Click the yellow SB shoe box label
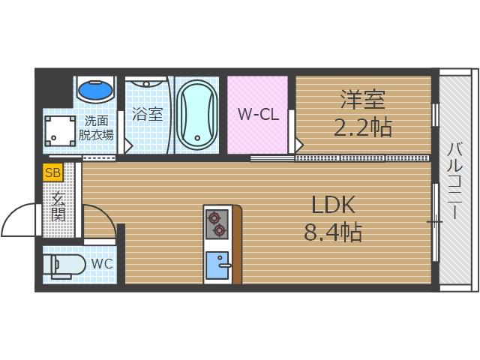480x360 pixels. pyautogui.click(x=53, y=172)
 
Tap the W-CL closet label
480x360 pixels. pyautogui.click(x=259, y=114)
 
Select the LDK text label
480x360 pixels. pyautogui.click(x=333, y=205)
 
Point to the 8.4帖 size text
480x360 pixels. pyautogui.click(x=333, y=232)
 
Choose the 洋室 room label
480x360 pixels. pyautogui.click(x=363, y=99)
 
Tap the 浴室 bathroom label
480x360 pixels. pyautogui.click(x=147, y=114)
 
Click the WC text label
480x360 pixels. pyautogui.click(x=102, y=263)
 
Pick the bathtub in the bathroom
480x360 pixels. pyautogui.click(x=197, y=115)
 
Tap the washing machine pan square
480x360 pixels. pyautogui.click(x=60, y=131)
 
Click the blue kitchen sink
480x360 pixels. pyautogui.click(x=217, y=265)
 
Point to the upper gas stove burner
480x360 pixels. pyautogui.click(x=214, y=217)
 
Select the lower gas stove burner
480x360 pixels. pyautogui.click(x=220, y=230)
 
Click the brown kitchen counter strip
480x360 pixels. pyautogui.click(x=237, y=244)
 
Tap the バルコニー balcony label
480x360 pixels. pyautogui.click(x=456, y=181)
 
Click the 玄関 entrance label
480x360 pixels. pyautogui.click(x=58, y=206)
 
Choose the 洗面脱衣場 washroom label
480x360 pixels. pyautogui.click(x=96, y=128)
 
